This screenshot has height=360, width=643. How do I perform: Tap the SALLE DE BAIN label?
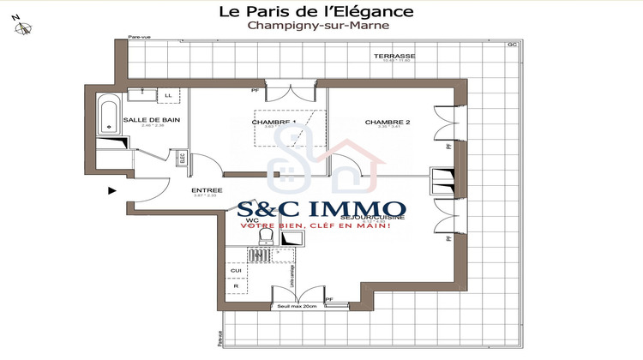(x=151, y=120)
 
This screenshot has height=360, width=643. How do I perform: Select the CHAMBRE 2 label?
(x=388, y=123)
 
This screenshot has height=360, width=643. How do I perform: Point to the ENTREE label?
(x=207, y=190)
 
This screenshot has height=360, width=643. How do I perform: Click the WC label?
(x=251, y=220)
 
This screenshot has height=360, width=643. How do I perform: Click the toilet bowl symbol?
(x=265, y=234)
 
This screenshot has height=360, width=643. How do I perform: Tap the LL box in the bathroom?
(x=168, y=95)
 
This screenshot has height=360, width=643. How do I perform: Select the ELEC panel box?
(x=182, y=158)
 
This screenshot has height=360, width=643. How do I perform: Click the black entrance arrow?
(x=112, y=191)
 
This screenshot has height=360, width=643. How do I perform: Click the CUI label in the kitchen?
(x=236, y=271)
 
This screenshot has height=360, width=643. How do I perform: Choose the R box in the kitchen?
(x=236, y=286)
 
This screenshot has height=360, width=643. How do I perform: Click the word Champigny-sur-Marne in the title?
(x=318, y=26)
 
